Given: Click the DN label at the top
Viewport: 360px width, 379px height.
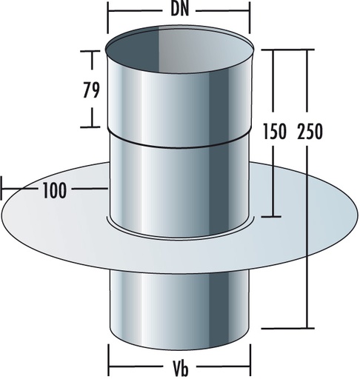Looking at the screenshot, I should [181, 12].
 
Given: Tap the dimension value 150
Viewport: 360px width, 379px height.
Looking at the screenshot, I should [276, 133].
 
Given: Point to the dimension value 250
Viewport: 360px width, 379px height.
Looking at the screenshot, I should [309, 133].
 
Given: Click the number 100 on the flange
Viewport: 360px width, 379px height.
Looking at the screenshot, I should [53, 190].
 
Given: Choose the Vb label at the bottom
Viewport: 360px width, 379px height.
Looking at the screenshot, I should [181, 367].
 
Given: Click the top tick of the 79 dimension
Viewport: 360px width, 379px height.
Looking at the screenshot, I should [91, 51].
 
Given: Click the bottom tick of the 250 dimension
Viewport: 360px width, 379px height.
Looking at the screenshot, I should [308, 326].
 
